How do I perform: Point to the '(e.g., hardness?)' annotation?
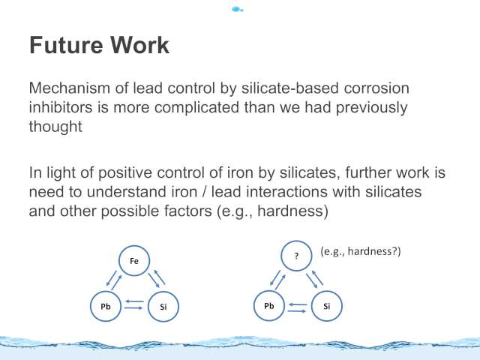(361, 251)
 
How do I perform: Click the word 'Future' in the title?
(66, 45)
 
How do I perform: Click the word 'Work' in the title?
(139, 45)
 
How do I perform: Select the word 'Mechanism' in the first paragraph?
(70, 88)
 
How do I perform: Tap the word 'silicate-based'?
(290, 88)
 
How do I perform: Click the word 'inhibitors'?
(61, 107)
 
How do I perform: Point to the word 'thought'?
(55, 127)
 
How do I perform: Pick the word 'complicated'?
(196, 108)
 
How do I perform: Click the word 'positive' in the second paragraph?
(125, 172)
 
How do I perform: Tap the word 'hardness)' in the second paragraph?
(293, 211)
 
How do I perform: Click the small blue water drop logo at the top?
(237, 9)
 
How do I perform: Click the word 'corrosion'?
(376, 88)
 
